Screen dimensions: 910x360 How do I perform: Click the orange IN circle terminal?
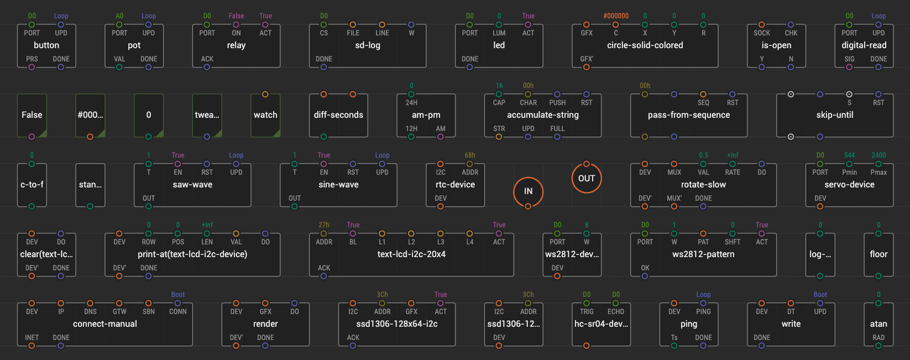pyautogui.click(x=528, y=192)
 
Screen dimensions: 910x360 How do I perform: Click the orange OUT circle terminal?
pyautogui.click(x=586, y=179)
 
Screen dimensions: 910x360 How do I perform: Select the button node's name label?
pyautogui.click(x=46, y=45)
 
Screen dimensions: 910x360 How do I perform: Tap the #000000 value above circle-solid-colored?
pyautogui.click(x=616, y=16)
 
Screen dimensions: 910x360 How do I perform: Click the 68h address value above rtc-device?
pyautogui.click(x=470, y=155)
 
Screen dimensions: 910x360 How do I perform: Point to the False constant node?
pyautogui.click(x=32, y=115)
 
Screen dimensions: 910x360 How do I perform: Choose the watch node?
pyautogui.click(x=265, y=115)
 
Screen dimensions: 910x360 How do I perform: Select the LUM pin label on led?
pyautogui.click(x=499, y=33)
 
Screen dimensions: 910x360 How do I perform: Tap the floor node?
pyautogui.click(x=878, y=255)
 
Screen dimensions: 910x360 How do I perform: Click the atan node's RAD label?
pyautogui.click(x=878, y=337)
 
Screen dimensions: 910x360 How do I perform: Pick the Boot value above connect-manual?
pyautogui.click(x=177, y=295)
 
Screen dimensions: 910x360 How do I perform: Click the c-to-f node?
pyautogui.click(x=32, y=185)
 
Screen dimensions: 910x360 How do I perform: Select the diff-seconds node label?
pyautogui.click(x=338, y=115)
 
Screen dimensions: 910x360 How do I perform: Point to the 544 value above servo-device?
pyautogui.click(x=849, y=155)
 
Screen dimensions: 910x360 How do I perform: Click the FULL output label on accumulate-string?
pyautogui.click(x=557, y=129)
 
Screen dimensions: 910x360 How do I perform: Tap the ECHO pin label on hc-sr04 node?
pyautogui.click(x=616, y=312)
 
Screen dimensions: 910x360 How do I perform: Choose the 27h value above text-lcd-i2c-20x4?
pyautogui.click(x=324, y=225)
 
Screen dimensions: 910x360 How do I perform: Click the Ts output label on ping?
pyautogui.click(x=674, y=337)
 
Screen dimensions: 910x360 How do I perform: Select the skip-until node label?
pyautogui.click(x=834, y=115)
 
